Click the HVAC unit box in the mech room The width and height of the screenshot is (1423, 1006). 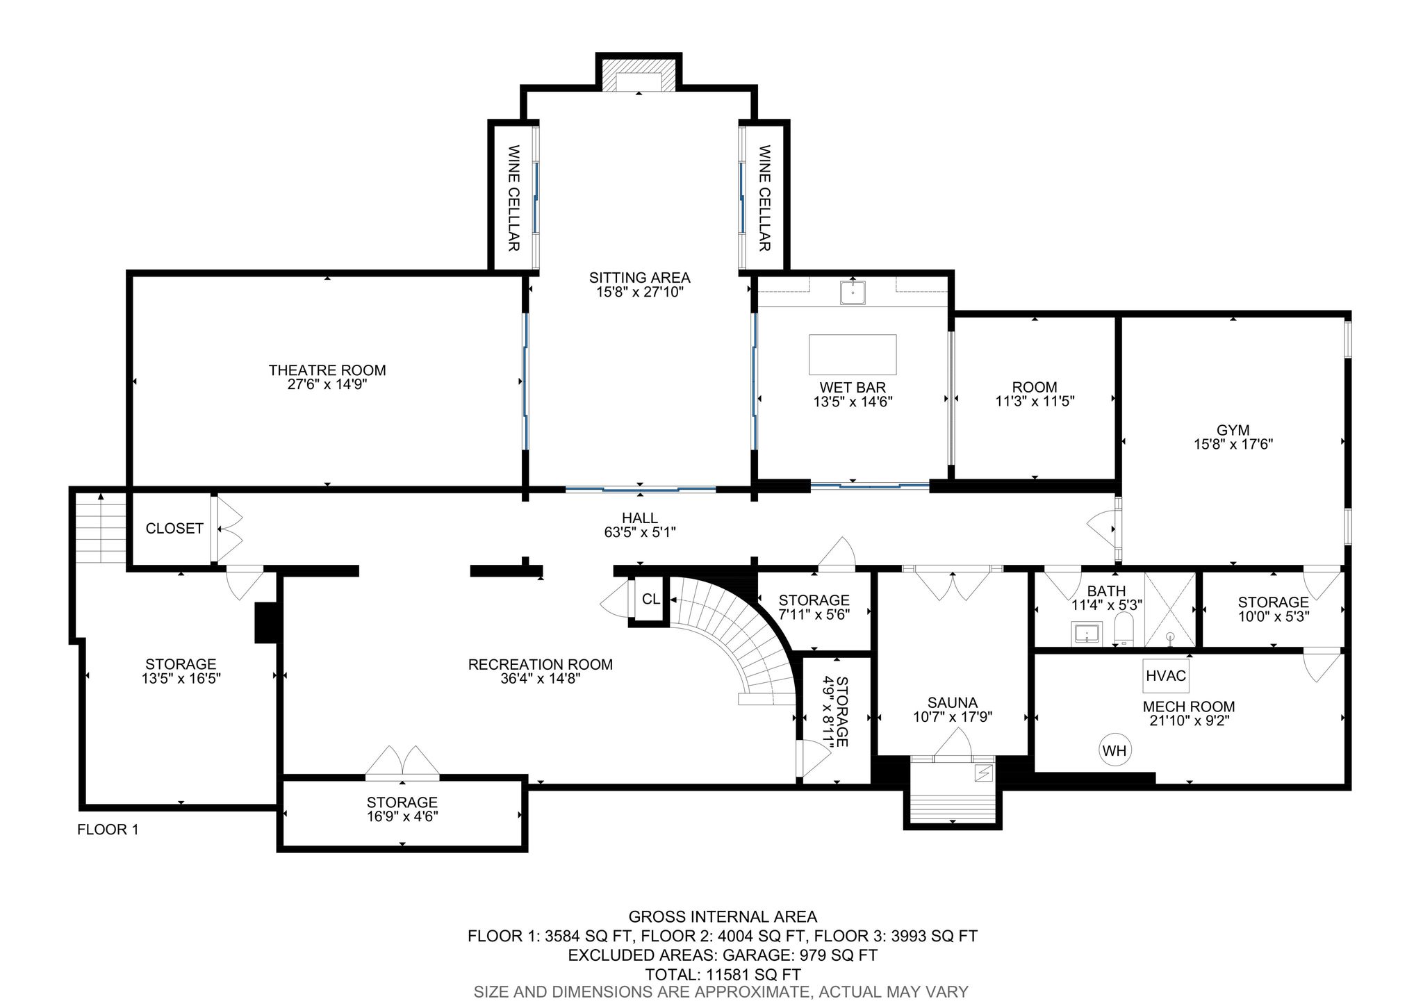tap(1165, 675)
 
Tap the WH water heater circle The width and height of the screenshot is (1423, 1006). tap(1114, 750)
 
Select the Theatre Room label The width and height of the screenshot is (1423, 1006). tap(327, 370)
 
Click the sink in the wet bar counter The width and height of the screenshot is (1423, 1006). tap(852, 292)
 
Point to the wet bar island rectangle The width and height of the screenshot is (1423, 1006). tap(853, 354)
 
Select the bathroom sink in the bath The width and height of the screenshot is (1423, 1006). tap(1085, 634)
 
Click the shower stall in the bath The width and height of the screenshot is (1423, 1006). tap(1170, 609)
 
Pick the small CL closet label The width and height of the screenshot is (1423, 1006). tap(651, 599)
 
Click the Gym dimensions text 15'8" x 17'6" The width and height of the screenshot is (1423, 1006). tap(1233, 445)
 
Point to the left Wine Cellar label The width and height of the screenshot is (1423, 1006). tap(514, 198)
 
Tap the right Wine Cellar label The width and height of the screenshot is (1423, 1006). tap(764, 198)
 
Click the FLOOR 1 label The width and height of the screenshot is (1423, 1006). tap(108, 830)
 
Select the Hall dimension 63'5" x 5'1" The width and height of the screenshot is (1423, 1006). tap(640, 533)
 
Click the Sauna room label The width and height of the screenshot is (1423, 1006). tap(952, 702)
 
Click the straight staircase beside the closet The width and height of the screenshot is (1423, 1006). tap(101, 528)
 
